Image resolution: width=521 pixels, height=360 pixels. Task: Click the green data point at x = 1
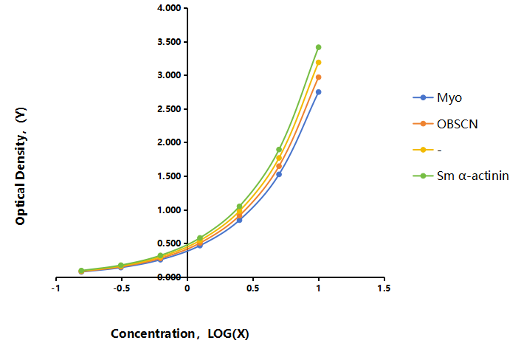coord(318,47)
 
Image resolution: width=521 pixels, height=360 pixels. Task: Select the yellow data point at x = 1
coord(318,63)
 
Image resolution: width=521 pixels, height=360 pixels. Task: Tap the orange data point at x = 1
coord(318,77)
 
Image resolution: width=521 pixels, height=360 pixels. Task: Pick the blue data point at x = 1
coord(318,92)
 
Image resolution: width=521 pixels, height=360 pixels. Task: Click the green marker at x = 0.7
coord(279,150)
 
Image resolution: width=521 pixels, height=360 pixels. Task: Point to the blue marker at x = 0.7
coord(279,174)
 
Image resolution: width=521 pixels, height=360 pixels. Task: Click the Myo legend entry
coord(438,97)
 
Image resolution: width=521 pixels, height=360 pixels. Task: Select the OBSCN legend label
coord(458,124)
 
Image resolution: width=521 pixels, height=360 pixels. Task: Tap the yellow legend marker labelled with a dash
coord(423,150)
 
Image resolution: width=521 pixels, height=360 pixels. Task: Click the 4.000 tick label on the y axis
coord(169,8)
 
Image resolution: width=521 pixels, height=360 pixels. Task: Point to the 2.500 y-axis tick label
coord(169,109)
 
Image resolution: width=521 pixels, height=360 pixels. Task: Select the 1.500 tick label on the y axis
coord(169,176)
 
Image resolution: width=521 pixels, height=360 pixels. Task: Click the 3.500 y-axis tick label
coord(169,42)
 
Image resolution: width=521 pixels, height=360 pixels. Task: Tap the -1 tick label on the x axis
coord(56,288)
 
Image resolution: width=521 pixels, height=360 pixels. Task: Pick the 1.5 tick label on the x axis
coord(384,288)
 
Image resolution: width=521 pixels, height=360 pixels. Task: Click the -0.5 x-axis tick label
coord(121,288)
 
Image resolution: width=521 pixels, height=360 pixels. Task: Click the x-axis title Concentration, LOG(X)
coord(180,333)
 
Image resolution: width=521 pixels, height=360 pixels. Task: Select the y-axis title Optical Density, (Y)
coord(20,167)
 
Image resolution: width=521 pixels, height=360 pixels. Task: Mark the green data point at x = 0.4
coord(239,207)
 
